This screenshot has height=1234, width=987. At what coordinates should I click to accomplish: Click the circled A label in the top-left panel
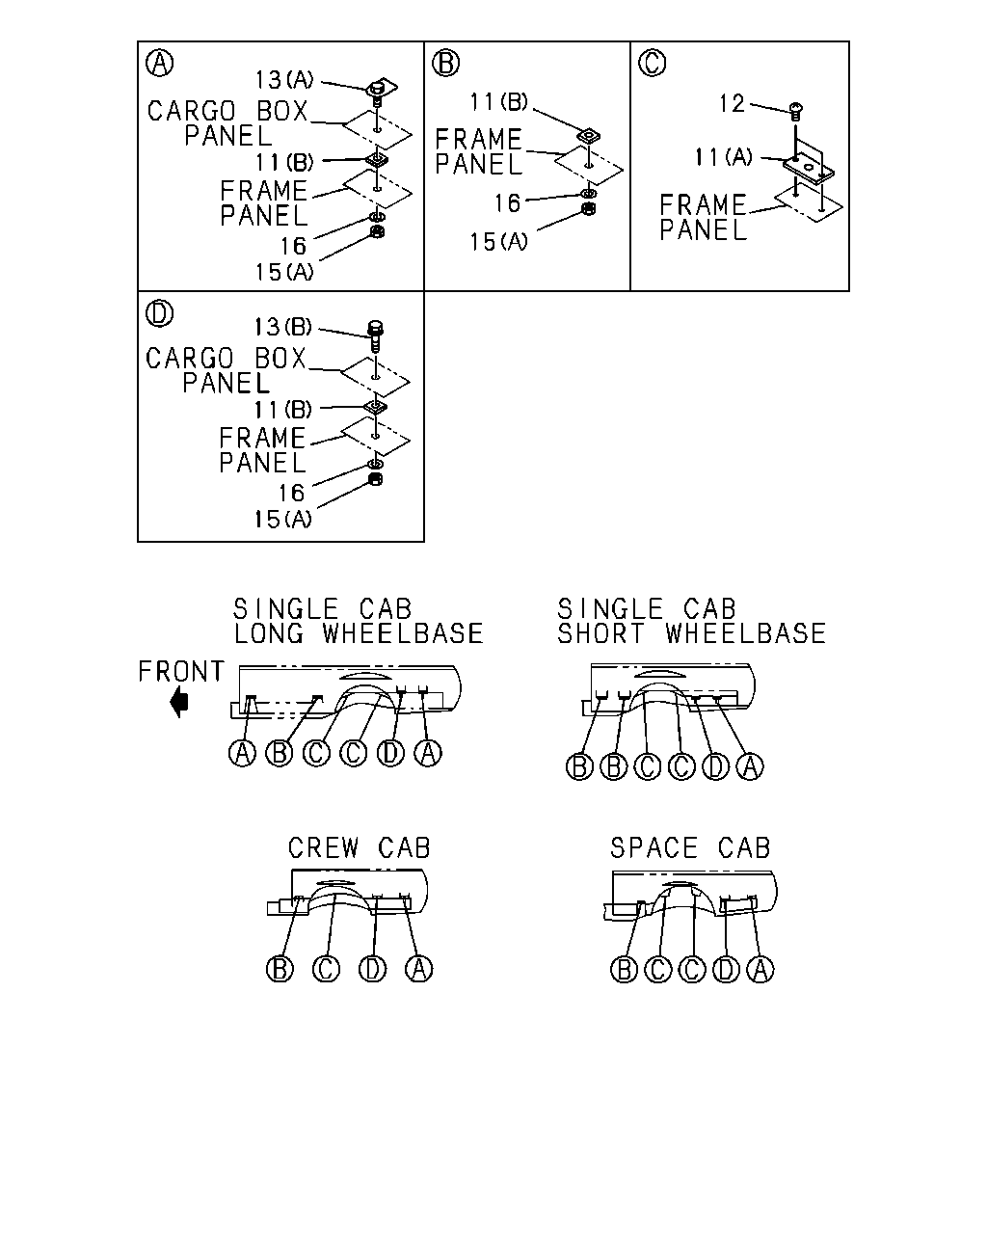[159, 63]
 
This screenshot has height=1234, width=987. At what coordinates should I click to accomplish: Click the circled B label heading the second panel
[445, 63]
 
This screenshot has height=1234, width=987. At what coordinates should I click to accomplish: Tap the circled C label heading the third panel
[653, 63]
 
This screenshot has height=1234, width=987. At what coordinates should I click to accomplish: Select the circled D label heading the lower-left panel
[159, 313]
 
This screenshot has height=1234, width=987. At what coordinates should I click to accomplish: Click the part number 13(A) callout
[284, 80]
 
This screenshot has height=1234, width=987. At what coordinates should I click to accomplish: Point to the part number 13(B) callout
[283, 327]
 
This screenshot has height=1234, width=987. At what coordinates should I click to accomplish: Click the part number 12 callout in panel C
[732, 104]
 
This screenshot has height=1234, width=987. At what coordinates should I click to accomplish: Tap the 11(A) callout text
[723, 156]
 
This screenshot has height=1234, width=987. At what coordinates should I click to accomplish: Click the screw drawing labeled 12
[795, 111]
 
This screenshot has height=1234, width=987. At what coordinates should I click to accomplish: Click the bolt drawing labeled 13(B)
[375, 336]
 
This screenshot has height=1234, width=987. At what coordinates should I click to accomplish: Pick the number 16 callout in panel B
[508, 203]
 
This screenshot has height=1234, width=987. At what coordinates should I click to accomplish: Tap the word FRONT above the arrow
[181, 672]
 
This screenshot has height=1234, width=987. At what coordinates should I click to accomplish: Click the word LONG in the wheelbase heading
[269, 633]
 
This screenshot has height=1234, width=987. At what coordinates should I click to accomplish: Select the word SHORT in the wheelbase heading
[601, 633]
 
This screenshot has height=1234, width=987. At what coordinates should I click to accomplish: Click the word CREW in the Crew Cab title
[324, 848]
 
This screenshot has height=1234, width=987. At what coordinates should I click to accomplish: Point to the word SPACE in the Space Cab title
[654, 848]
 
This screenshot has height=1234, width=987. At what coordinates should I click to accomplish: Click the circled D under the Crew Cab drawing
[373, 969]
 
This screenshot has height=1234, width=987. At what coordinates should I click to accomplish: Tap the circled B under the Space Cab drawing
[624, 970]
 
